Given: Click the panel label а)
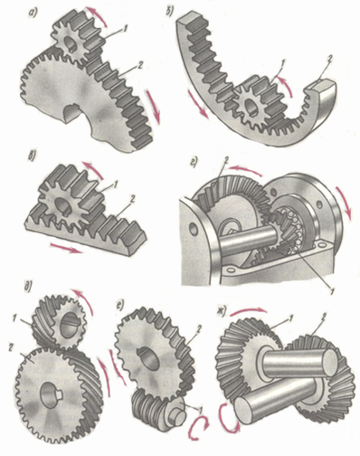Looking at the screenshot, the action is click(32, 13).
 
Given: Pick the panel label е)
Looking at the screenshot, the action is click(120, 305).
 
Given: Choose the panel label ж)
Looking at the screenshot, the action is click(222, 313).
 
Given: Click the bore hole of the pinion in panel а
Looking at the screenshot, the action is click(71, 45).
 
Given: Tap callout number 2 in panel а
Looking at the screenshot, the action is click(139, 65).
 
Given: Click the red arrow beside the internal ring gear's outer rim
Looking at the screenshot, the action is click(197, 103).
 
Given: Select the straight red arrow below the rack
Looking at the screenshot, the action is click(67, 249).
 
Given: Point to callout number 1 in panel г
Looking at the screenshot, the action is click(331, 291).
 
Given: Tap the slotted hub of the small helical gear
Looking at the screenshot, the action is click(70, 326).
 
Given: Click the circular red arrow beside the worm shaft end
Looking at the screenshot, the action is click(197, 426).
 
